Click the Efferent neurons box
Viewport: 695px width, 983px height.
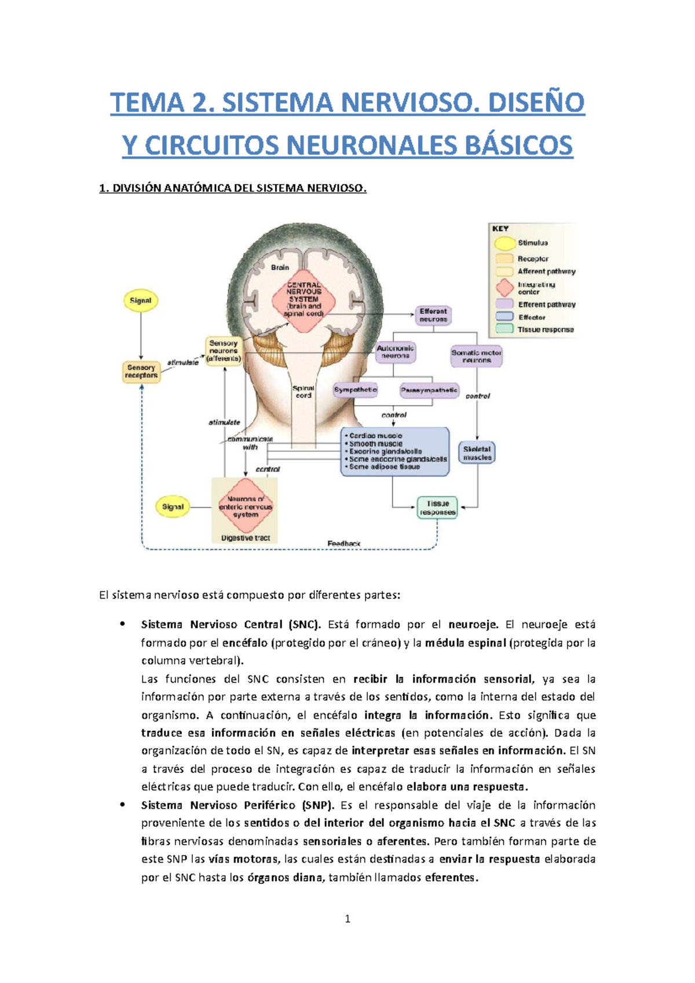[x=433, y=316]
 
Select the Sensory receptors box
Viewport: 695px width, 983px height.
[x=141, y=372]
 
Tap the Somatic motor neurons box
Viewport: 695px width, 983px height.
[x=477, y=356]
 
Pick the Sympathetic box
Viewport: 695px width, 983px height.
[x=355, y=390]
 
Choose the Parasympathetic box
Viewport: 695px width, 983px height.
[x=429, y=391]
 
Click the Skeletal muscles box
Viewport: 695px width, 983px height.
[x=477, y=453]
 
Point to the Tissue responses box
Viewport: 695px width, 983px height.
[x=437, y=508]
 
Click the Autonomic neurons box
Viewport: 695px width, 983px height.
[x=396, y=352]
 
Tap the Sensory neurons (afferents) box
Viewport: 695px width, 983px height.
[x=224, y=351]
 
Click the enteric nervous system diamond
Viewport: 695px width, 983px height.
[x=246, y=507]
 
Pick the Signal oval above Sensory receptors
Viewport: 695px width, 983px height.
[x=141, y=301]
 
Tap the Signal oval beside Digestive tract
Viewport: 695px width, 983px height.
[x=173, y=507]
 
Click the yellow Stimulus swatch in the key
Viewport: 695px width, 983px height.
[x=505, y=243]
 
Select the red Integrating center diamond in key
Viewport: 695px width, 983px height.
[x=505, y=288]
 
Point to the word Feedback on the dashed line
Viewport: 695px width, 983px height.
[x=344, y=544]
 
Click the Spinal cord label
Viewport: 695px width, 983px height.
[x=303, y=392]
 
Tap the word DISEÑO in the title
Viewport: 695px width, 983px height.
[x=536, y=103]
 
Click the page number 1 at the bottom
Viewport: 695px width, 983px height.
[x=348, y=919]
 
